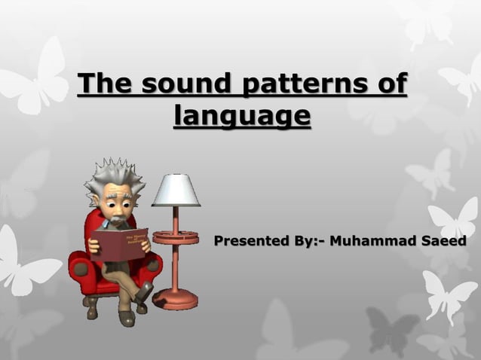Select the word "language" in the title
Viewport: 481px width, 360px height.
click(241, 117)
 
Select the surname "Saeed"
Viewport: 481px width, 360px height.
click(441, 242)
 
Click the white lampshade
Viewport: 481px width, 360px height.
click(176, 190)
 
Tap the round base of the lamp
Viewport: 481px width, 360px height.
click(175, 299)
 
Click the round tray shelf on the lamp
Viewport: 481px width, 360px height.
click(176, 238)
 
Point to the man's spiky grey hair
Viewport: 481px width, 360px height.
click(113, 175)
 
